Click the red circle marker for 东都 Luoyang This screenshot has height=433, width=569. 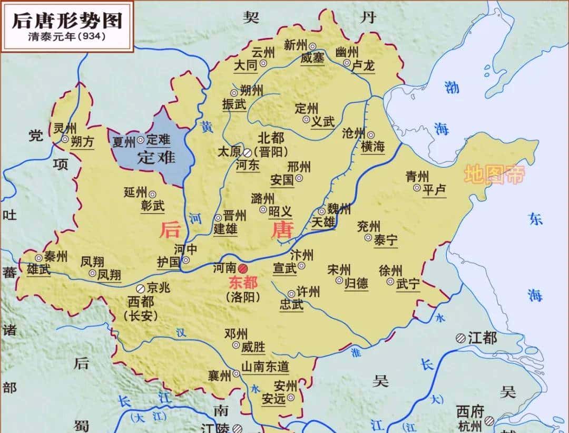tap(243, 268)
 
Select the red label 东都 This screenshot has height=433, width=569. tap(243, 283)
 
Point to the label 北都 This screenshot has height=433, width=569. tap(271, 138)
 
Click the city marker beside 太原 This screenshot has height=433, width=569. tap(247, 152)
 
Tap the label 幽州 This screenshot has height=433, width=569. tap(347, 52)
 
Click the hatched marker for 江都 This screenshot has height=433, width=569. tap(460, 338)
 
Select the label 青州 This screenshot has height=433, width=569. tap(418, 176)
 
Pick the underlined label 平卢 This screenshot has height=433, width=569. tap(435, 189)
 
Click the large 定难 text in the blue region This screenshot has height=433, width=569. tap(156, 157)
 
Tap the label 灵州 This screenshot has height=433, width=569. tap(65, 128)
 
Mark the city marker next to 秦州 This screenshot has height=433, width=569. tap(39, 258)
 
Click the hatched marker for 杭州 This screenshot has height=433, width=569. tap(490, 420)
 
